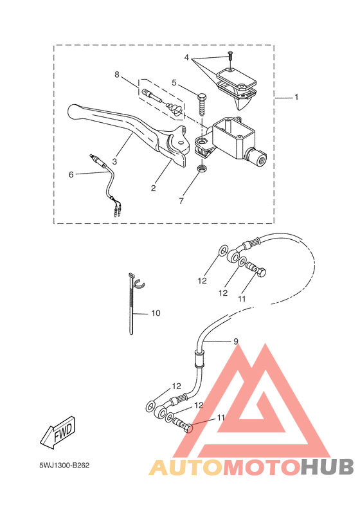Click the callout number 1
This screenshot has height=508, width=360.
(x=296, y=97)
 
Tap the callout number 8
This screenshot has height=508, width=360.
(x=117, y=75)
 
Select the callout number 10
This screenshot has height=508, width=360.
(x=156, y=313)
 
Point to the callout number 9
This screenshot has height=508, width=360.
(x=236, y=341)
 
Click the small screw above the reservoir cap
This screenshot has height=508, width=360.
(x=230, y=56)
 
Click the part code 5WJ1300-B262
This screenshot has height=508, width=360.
(x=64, y=466)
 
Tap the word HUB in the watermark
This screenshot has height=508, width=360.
(x=327, y=467)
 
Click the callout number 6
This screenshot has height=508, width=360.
(x=71, y=175)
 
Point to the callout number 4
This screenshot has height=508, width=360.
(x=186, y=58)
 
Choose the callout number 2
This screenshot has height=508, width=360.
(x=153, y=188)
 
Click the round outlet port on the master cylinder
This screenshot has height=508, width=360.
(x=258, y=158)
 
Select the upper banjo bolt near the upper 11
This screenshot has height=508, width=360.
(x=256, y=269)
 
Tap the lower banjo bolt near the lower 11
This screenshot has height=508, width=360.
(x=183, y=425)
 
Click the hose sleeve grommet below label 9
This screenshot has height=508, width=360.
(x=199, y=359)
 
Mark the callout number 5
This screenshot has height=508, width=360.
(x=174, y=83)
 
